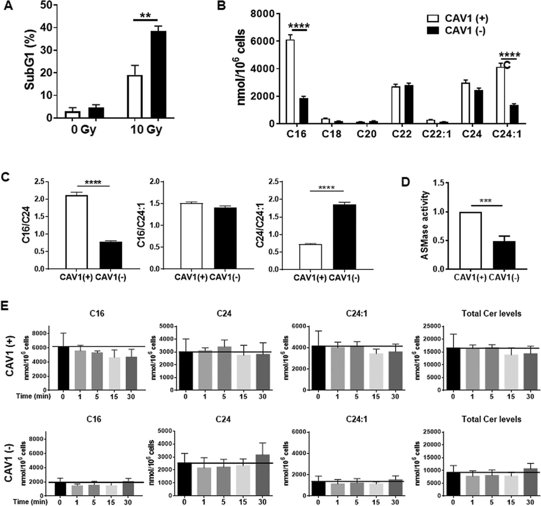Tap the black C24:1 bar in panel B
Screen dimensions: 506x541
pyautogui.click(x=514, y=114)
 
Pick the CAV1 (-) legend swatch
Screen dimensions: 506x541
pyautogui.click(x=433, y=31)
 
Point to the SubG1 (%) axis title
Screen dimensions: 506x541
pyautogui.click(x=29, y=60)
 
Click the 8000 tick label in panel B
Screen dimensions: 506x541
pyautogui.click(x=262, y=13)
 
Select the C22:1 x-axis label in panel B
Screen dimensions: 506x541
pyautogui.click(x=436, y=134)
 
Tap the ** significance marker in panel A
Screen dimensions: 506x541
pyautogui.click(x=145, y=15)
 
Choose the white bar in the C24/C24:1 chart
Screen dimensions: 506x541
pyautogui.click(x=310, y=256)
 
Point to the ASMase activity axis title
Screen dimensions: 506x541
pyautogui.click(x=424, y=225)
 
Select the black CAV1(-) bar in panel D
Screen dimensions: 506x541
pyautogui.click(x=504, y=255)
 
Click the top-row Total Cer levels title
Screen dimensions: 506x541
pyautogui.click(x=491, y=314)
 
